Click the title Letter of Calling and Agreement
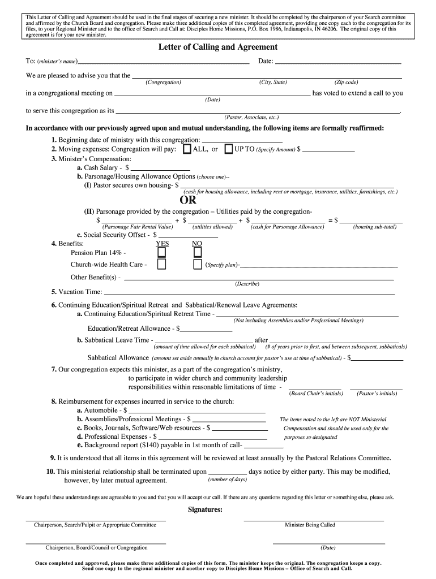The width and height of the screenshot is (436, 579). pos(217,47)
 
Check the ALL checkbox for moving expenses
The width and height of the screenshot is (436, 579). pos(186,149)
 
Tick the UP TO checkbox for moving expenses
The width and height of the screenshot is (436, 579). pos(229,149)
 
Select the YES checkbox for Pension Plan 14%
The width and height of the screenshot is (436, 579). pos(162,252)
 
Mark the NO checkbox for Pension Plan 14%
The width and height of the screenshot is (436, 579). pos(197,252)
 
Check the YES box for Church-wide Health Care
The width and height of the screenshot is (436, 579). pos(162,265)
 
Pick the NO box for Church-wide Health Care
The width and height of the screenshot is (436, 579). pos(197,265)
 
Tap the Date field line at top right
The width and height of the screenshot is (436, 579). pos(337,61)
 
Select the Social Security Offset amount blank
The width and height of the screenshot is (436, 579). pos(193,234)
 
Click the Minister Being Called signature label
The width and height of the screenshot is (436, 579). pos(310,525)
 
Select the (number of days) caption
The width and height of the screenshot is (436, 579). pos(227,479)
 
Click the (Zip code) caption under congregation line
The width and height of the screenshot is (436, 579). pos(346,83)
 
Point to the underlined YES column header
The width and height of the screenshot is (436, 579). pos(162,244)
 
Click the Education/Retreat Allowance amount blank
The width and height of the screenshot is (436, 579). pos(206,329)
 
